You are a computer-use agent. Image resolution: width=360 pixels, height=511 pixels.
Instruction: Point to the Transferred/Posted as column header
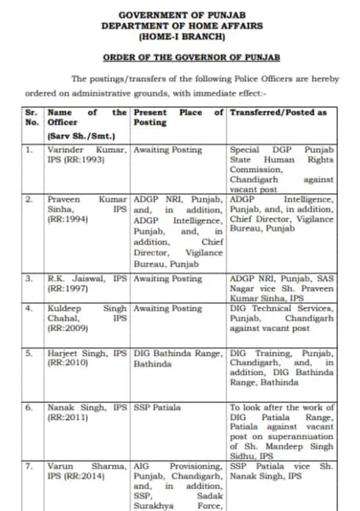(x=278, y=112)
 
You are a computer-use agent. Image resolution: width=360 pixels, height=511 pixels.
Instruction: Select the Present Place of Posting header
(x=179, y=117)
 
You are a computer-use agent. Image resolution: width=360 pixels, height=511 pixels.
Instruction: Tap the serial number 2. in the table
(x=29, y=199)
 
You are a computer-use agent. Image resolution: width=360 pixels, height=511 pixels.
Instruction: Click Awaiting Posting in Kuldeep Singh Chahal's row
(x=168, y=309)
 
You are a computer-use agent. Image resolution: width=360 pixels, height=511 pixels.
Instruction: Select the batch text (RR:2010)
(x=67, y=363)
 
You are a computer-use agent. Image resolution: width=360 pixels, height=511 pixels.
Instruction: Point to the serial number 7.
(x=29, y=466)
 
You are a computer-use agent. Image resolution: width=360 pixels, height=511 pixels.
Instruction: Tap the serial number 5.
(x=29, y=353)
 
